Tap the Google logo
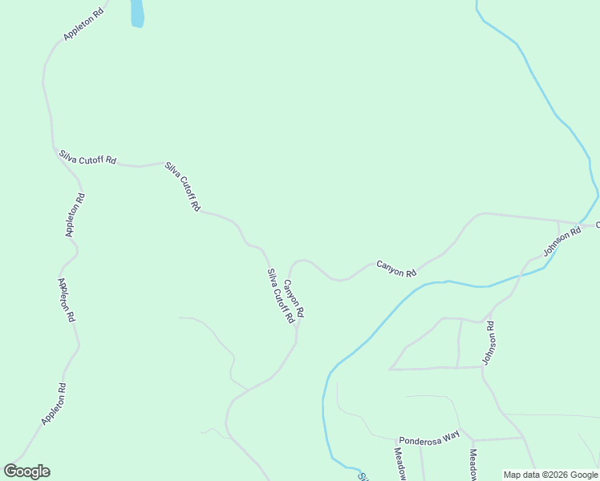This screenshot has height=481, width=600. click(26, 471)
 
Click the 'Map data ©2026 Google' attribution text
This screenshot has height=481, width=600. click(550, 475)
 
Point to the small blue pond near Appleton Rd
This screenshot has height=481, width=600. click(137, 13)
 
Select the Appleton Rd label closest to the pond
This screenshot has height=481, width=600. click(83, 25)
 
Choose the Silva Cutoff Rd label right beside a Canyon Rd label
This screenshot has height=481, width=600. click(281, 296)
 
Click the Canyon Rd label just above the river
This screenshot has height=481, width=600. click(396, 268)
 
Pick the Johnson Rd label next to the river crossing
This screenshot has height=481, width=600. click(561, 241)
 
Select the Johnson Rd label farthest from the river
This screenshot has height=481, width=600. click(489, 343)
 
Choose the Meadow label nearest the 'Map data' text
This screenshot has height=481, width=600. click(473, 463)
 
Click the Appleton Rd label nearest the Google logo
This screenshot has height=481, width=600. click(53, 404)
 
